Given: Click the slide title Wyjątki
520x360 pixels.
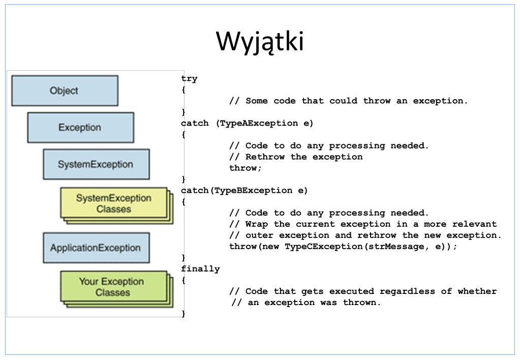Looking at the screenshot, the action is tap(260, 42).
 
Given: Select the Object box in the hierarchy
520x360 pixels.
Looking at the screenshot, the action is tap(65, 91).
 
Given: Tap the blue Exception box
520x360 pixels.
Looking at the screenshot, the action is tap(81, 128).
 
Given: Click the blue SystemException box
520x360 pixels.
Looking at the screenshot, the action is tap(96, 164).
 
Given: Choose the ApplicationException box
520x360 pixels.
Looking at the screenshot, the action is tap(96, 248).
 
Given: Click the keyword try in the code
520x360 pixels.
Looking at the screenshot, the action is tap(190, 79).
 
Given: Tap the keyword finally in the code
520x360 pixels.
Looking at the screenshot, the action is tap(200, 269).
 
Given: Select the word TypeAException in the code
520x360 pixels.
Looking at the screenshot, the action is tap(259, 123).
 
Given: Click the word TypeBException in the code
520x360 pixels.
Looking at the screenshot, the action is tap(253, 191).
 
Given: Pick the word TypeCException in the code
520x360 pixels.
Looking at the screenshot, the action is tap(324, 246).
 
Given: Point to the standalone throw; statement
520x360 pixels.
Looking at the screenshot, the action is tap(246, 168).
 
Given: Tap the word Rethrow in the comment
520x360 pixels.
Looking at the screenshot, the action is tap(265, 157).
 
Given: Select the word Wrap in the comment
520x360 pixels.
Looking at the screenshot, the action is tap(257, 224).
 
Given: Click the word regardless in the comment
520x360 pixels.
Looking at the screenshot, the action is tap(407, 291).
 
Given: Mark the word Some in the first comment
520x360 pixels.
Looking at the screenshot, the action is tap(257, 101).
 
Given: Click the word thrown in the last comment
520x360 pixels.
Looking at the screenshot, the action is tap(361, 302).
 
